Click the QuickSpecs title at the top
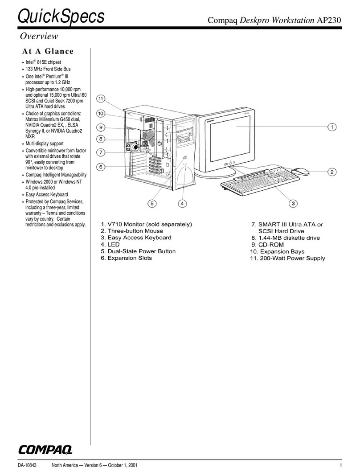coord(61,16)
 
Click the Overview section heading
coord(40,36)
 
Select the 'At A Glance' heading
coord(48,51)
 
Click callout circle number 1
coord(332,127)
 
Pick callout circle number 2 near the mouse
coord(332,172)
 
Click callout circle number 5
coord(152,204)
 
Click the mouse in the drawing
coord(301,171)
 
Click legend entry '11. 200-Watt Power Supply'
coord(286,258)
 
